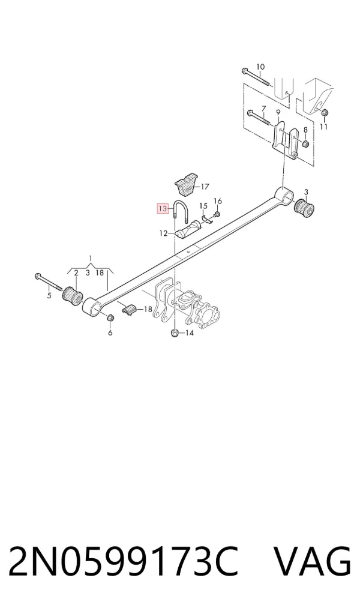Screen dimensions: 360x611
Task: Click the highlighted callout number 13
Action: click(x=163, y=209)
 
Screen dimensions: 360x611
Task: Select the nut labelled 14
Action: click(x=175, y=333)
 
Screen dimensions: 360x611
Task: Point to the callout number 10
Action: click(x=260, y=67)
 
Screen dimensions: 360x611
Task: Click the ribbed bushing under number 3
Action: click(x=304, y=209)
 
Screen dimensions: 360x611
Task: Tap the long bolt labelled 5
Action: click(x=49, y=281)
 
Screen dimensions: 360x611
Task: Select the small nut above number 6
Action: click(x=110, y=317)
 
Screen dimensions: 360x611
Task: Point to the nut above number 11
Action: click(x=326, y=113)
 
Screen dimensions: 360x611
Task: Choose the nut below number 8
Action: click(x=305, y=144)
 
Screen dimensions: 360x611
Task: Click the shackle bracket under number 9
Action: click(x=284, y=141)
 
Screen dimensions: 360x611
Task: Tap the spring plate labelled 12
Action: click(x=187, y=229)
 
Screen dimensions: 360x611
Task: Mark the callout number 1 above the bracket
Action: click(x=91, y=258)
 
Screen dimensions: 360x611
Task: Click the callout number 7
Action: click(x=263, y=108)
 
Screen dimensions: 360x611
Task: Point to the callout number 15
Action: click(x=203, y=206)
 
